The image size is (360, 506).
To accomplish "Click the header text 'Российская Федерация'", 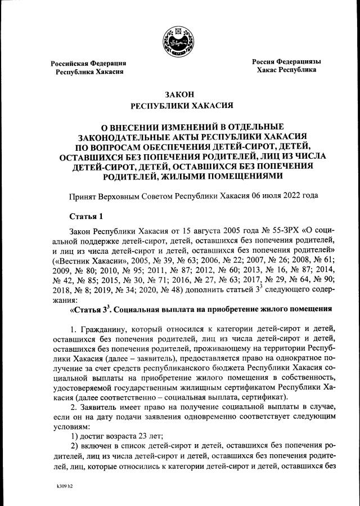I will click(x=88, y=63).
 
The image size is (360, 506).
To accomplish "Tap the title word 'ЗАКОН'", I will click(x=179, y=94).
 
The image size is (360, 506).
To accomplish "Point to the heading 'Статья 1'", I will click(x=85, y=216).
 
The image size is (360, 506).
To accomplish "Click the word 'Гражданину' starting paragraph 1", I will click(x=106, y=328).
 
